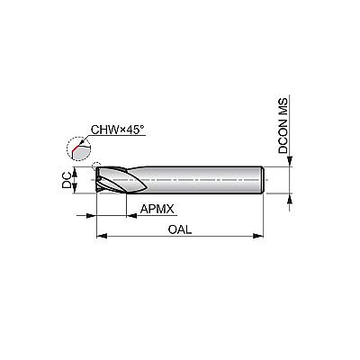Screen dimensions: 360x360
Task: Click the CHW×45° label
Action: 118,130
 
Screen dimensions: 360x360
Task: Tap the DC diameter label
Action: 67,180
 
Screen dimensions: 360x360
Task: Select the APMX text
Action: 157,209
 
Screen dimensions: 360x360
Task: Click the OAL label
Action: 180,229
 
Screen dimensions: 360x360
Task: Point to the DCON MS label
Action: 283,126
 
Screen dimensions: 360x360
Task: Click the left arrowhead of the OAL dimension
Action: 102,236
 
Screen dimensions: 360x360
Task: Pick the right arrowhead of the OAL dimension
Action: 258,236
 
